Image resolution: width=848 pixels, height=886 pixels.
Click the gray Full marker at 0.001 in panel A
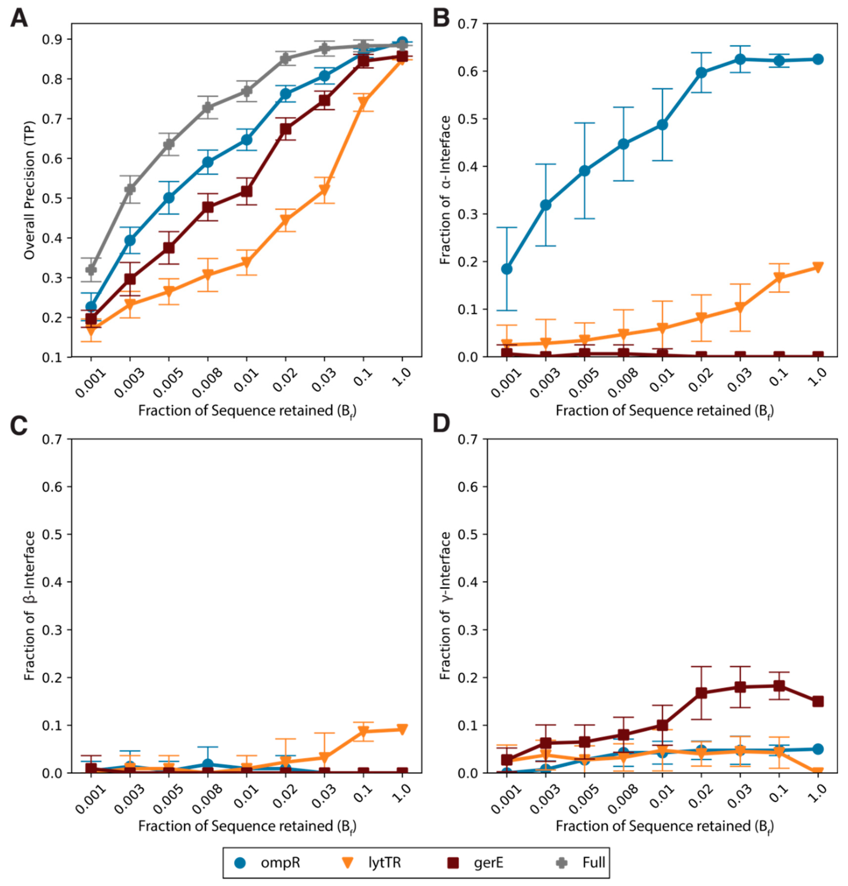91,270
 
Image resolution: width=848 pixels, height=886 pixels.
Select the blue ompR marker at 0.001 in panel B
507,269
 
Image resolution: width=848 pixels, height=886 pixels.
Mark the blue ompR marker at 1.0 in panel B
818,59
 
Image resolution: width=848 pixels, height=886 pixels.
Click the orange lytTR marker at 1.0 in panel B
818,267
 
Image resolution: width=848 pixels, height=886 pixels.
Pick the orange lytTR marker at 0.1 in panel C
363,732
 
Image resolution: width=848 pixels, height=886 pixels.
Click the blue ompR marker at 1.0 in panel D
818,749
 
